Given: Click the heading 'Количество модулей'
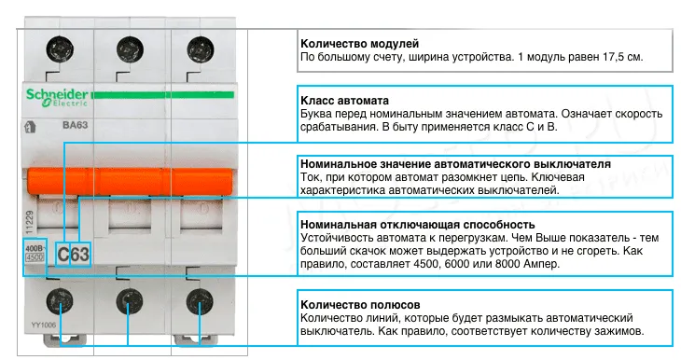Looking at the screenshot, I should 359,44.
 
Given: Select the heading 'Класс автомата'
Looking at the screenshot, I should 344,100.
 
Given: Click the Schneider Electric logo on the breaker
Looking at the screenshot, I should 53,95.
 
